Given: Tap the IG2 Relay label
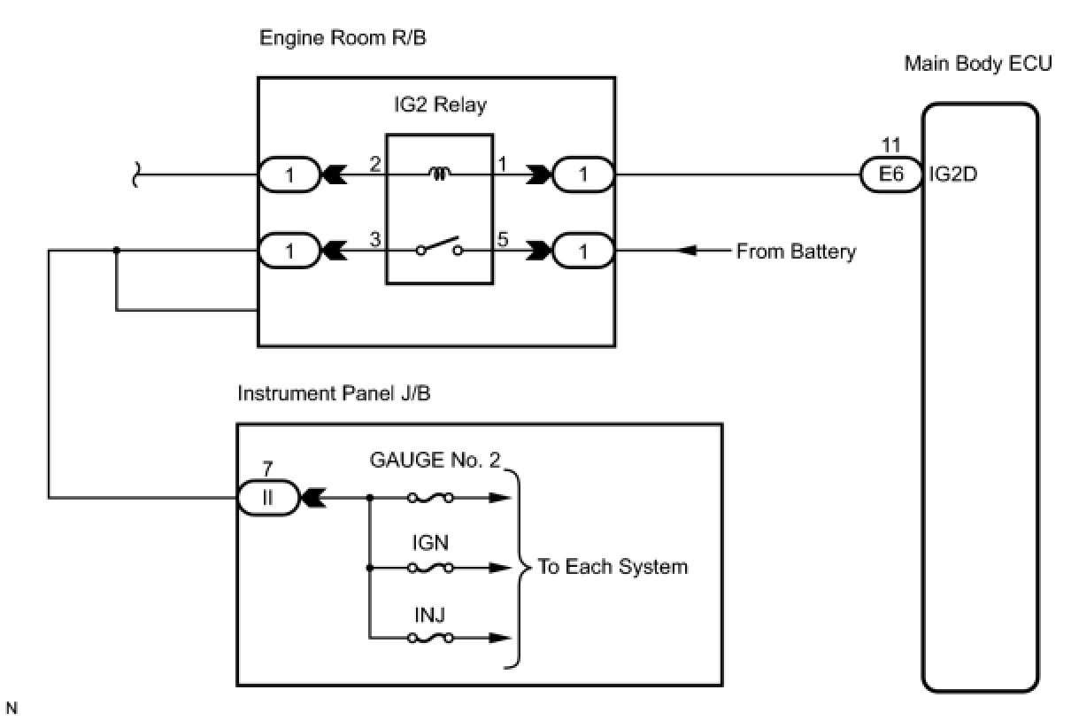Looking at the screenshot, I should tap(440, 105).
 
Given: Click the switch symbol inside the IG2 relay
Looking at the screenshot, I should tap(440, 247).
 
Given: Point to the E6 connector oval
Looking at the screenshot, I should tap(890, 175).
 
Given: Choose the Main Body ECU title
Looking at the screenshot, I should tap(978, 64).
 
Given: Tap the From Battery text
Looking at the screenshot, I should tap(796, 252).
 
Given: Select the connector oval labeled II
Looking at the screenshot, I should tap(269, 498).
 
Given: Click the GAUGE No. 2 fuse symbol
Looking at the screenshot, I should tap(431, 498).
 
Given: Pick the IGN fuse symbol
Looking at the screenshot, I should tap(431, 568).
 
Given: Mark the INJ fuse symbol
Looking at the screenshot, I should tap(431, 637).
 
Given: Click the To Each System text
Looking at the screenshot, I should tap(613, 568).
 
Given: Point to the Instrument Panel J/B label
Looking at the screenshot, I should tap(334, 393).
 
